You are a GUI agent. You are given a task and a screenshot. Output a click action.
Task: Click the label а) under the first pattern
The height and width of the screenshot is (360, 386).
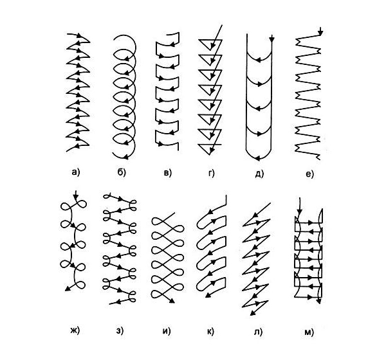click(76, 172)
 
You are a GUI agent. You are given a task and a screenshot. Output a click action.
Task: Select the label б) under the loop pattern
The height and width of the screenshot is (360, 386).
click(122, 172)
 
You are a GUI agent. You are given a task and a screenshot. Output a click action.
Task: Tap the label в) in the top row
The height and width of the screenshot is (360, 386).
click(167, 173)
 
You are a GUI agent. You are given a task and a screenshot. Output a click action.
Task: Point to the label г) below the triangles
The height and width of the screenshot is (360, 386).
click(211, 173)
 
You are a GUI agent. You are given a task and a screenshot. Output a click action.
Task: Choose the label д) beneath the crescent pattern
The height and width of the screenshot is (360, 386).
click(259, 174)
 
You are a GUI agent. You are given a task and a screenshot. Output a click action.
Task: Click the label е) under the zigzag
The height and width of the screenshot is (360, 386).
click(309, 174)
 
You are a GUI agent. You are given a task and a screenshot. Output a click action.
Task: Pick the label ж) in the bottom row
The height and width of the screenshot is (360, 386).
click(75, 330)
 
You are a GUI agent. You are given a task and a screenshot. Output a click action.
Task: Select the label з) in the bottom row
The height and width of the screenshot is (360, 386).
click(120, 330)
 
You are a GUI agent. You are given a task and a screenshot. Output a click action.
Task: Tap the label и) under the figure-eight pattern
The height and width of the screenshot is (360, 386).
click(167, 331)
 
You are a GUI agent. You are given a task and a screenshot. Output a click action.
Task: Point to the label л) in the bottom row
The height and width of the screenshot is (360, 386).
click(258, 332)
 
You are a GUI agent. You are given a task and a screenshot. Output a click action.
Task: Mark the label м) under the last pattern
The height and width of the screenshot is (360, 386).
click(309, 332)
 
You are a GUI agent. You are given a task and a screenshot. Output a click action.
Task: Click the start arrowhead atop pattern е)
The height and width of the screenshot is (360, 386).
click(320, 33)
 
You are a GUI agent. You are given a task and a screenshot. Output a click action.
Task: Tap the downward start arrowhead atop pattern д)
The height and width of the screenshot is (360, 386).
click(271, 39)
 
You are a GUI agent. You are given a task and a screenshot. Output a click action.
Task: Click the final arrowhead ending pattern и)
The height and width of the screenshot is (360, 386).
click(172, 301)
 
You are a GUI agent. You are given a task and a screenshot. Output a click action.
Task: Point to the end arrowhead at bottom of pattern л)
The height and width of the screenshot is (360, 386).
click(252, 313)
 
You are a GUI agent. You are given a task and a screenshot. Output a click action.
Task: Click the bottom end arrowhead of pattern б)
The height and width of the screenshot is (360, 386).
click(126, 157)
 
